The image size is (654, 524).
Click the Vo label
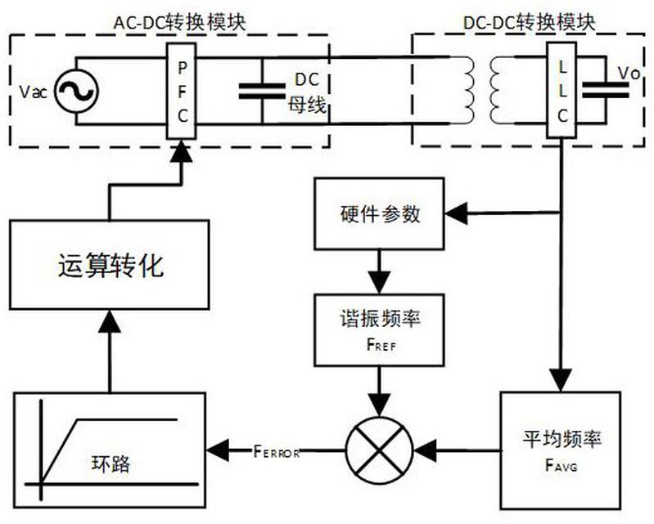[x=628, y=74]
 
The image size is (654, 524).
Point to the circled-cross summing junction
[x=379, y=448]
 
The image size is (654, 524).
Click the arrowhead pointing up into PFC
[x=182, y=152]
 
